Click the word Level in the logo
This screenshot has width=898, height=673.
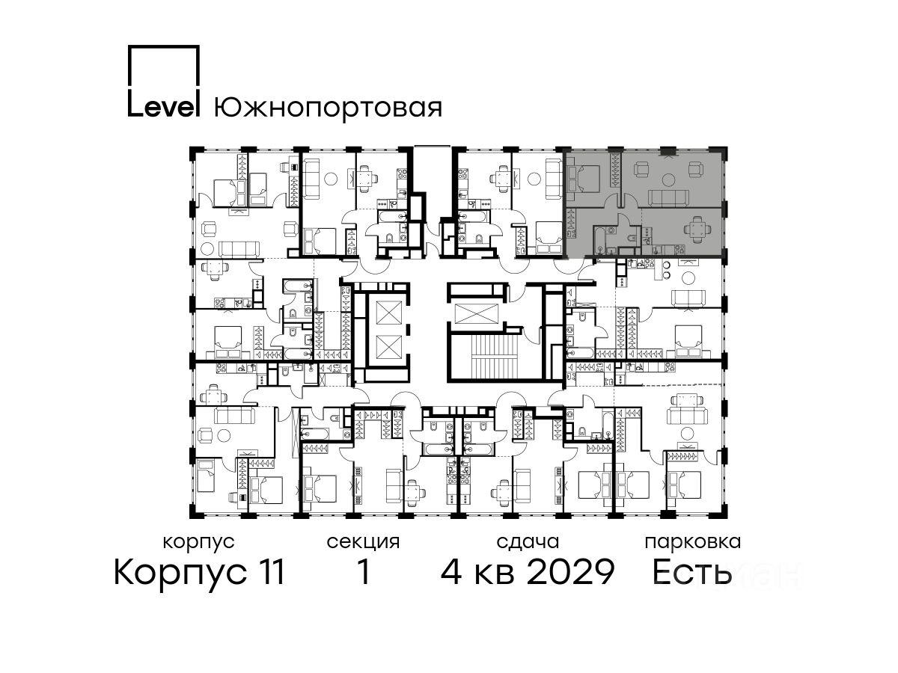tap(164, 105)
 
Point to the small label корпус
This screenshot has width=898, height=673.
tap(199, 543)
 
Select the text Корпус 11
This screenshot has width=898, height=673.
tap(199, 573)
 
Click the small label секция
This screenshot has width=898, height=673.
tap(363, 543)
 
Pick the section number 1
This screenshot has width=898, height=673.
tap(364, 572)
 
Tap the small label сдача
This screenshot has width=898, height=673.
tap(528, 543)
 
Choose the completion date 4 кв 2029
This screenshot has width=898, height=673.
tap(528, 572)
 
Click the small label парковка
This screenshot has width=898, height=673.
tap(693, 543)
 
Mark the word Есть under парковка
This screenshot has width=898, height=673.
tap(691, 572)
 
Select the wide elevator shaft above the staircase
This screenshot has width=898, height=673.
tap(476, 314)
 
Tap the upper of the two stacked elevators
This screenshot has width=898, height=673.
tap(388, 313)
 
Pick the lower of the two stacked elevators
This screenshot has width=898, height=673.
tap(388, 347)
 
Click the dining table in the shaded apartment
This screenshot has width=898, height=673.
tap(696, 227)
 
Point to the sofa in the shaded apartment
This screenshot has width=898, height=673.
tap(669, 199)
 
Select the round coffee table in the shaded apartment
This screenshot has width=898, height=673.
tap(668, 179)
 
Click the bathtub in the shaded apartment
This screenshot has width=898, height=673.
tap(598, 239)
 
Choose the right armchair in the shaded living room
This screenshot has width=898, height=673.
tap(695, 169)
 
